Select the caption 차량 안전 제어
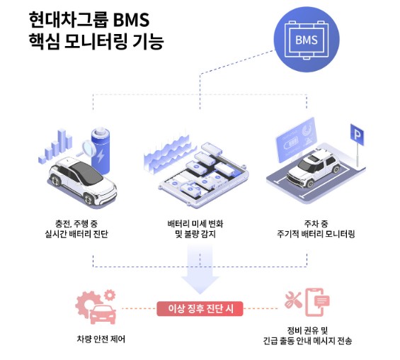[97, 339]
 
